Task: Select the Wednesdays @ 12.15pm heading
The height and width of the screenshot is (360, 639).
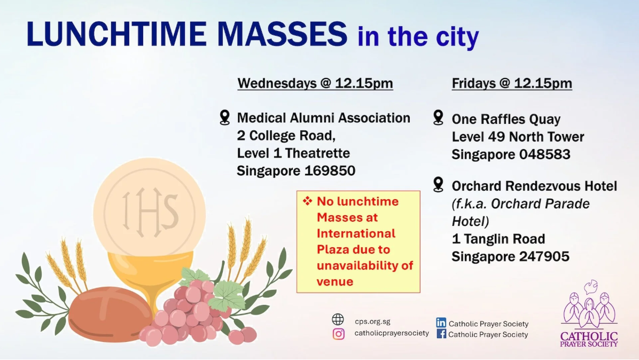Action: pyautogui.click(x=315, y=83)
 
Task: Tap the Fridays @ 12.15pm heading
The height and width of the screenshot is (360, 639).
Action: pyautogui.click(x=512, y=83)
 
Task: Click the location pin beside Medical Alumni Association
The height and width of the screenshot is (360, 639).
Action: pyautogui.click(x=225, y=118)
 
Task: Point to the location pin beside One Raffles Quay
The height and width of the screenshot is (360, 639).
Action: pyautogui.click(x=439, y=118)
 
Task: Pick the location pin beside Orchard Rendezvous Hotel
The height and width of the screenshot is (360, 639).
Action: pyautogui.click(x=439, y=185)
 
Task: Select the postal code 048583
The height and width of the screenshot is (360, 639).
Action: pyautogui.click(x=545, y=154)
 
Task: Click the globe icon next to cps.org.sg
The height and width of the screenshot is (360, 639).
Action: pyautogui.click(x=338, y=320)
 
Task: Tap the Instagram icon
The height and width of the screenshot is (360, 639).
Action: pyautogui.click(x=338, y=334)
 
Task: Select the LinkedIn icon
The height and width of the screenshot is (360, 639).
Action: pyautogui.click(x=441, y=323)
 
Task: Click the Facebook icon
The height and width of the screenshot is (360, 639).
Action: pyautogui.click(x=441, y=334)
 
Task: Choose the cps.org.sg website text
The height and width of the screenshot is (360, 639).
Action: pyautogui.click(x=372, y=321)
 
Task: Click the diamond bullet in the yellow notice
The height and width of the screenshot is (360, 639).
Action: pyautogui.click(x=307, y=201)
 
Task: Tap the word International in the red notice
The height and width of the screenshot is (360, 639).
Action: pyautogui.click(x=356, y=233)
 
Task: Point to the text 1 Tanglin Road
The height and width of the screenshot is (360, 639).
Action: pyautogui.click(x=498, y=239)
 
